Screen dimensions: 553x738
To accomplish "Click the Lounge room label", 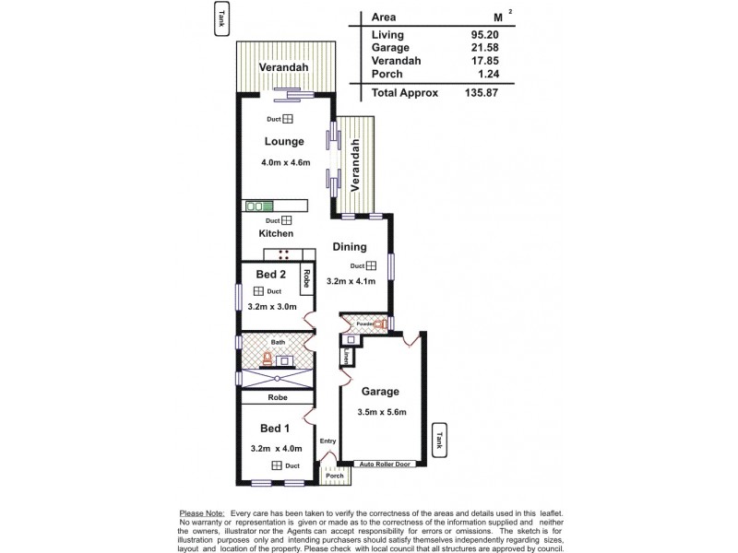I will pyautogui.click(x=284, y=142).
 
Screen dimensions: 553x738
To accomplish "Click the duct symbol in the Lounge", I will pyautogui.click(x=287, y=119).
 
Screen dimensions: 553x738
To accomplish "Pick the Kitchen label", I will pyautogui.click(x=276, y=234).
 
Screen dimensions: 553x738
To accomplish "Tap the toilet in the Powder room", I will pyautogui.click(x=378, y=324).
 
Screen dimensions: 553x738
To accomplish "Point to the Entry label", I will pyautogui.click(x=327, y=441).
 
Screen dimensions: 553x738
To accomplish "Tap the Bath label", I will pyautogui.click(x=278, y=341).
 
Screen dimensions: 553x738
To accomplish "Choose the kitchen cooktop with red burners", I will pyautogui.click(x=285, y=254).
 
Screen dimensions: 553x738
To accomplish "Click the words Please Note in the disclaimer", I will pyautogui.click(x=203, y=512).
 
